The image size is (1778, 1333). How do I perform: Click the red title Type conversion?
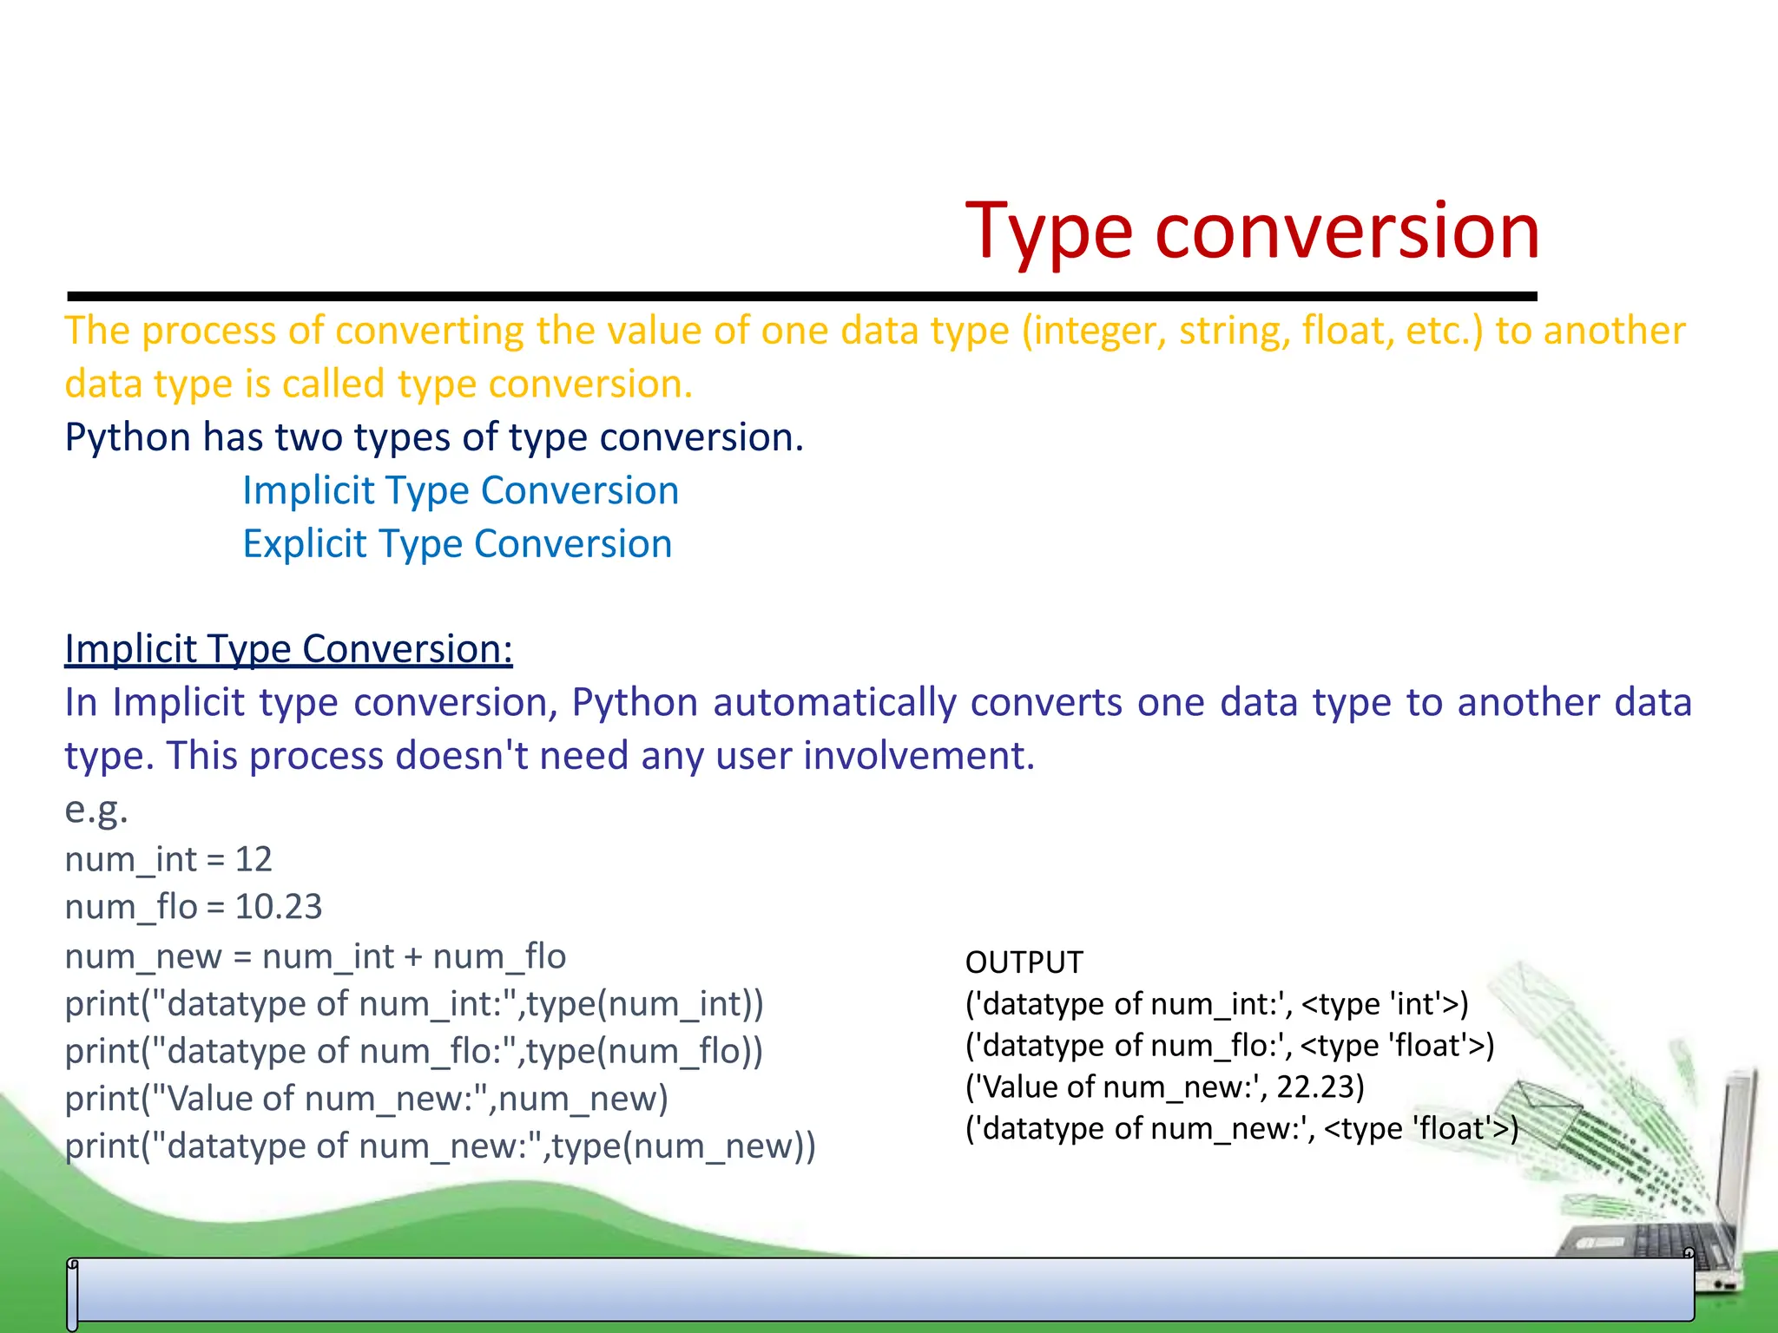(1252, 231)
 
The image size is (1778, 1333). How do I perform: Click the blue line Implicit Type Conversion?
(460, 491)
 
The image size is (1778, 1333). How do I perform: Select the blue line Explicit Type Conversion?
(457, 544)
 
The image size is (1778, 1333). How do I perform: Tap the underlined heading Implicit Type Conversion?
(288, 649)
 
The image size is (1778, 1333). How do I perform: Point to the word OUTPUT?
(1024, 962)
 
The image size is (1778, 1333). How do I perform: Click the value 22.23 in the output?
(1319, 1087)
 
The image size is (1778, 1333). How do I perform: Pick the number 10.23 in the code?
(279, 907)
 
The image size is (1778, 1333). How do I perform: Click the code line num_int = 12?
(168, 859)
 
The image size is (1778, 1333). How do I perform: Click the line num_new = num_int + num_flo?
(315, 956)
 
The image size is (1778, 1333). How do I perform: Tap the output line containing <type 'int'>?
(1216, 1004)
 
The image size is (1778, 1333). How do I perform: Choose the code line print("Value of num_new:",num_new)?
(366, 1099)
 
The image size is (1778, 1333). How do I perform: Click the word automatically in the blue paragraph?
(833, 703)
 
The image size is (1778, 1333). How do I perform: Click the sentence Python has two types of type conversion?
(434, 437)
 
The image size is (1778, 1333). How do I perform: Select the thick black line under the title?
(801, 297)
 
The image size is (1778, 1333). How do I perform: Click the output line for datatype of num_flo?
(1229, 1046)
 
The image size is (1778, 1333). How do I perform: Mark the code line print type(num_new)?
(440, 1146)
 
